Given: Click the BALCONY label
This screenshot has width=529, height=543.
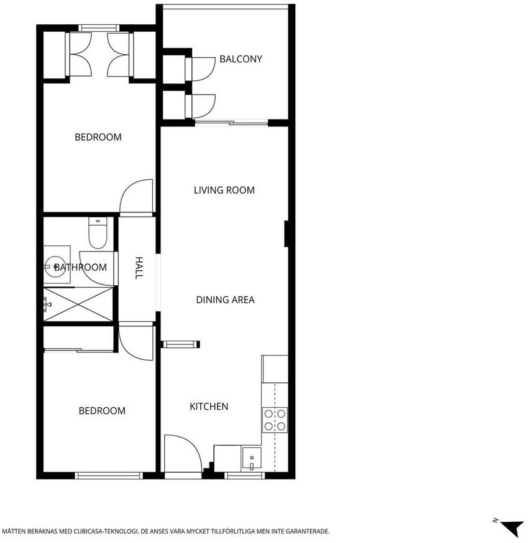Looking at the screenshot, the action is (241, 59).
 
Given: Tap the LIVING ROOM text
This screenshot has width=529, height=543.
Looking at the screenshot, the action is (224, 190).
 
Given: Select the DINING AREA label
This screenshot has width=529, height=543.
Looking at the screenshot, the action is (225, 300).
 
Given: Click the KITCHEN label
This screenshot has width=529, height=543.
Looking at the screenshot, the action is (209, 406).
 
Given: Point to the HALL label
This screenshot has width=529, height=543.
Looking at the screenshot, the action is (139, 268).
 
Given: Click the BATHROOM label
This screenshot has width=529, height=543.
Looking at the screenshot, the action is (80, 267).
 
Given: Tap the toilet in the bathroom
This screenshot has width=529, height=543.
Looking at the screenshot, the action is (98, 232).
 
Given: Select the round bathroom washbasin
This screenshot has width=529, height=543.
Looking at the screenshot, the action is (55, 267).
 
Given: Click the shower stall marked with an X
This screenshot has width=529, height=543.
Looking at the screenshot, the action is (78, 305).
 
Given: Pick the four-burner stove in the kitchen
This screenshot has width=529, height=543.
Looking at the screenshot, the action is (275, 420).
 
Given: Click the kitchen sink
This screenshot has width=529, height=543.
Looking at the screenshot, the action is (252, 458).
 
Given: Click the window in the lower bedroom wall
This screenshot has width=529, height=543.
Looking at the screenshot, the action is (109, 476).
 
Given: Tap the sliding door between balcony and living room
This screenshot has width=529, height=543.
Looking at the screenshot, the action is (231, 122).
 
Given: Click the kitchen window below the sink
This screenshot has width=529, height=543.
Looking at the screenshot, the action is (245, 476).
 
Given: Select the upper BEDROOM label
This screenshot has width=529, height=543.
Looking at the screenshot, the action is (98, 137).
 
